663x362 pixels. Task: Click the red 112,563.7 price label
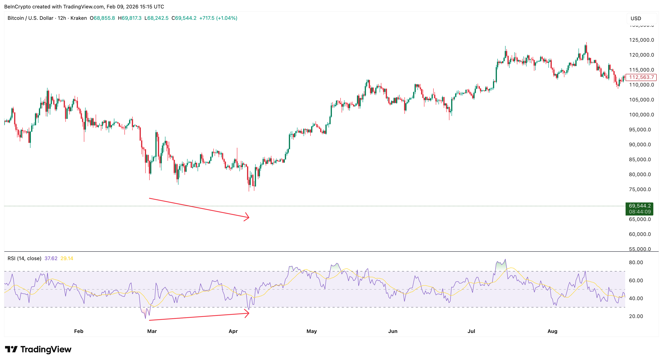(x=641, y=77)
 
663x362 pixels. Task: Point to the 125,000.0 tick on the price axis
(x=641, y=40)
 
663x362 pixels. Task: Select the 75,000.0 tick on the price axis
(x=640, y=189)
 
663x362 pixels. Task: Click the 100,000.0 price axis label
(x=641, y=115)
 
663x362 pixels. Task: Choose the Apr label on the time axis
(x=233, y=331)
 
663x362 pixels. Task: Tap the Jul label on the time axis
(x=471, y=331)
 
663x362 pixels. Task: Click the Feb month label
(x=78, y=331)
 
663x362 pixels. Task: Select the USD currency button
(x=636, y=19)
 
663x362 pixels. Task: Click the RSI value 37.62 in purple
(x=51, y=258)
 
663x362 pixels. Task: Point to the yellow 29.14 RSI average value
(x=67, y=258)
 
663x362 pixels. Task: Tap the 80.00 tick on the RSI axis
(x=636, y=262)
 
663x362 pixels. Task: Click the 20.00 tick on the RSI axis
(x=636, y=316)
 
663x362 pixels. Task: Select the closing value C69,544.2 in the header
(x=184, y=18)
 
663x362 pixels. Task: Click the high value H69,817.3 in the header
(x=129, y=18)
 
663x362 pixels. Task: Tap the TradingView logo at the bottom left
(x=38, y=349)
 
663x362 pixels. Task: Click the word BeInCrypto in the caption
(x=17, y=7)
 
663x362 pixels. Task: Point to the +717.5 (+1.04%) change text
(x=218, y=18)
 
